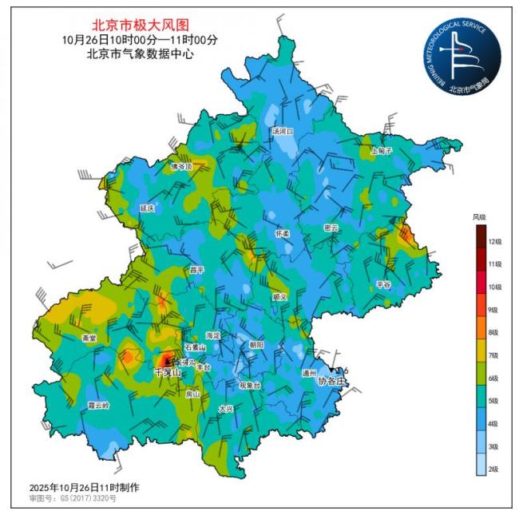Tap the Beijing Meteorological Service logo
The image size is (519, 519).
pos(462,54)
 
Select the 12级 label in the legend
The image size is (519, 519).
pos(494,241)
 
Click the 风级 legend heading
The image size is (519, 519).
pos(479,216)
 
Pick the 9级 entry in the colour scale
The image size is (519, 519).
pos(494,310)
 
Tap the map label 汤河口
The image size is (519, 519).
pos(283,130)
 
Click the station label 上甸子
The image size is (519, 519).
pos(382,150)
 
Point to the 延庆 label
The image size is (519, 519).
pos(147,208)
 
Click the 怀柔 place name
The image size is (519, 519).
pos(283,234)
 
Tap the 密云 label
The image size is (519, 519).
pos(331,228)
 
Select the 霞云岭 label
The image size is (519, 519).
pos(97,406)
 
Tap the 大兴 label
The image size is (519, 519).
pos(226,409)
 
